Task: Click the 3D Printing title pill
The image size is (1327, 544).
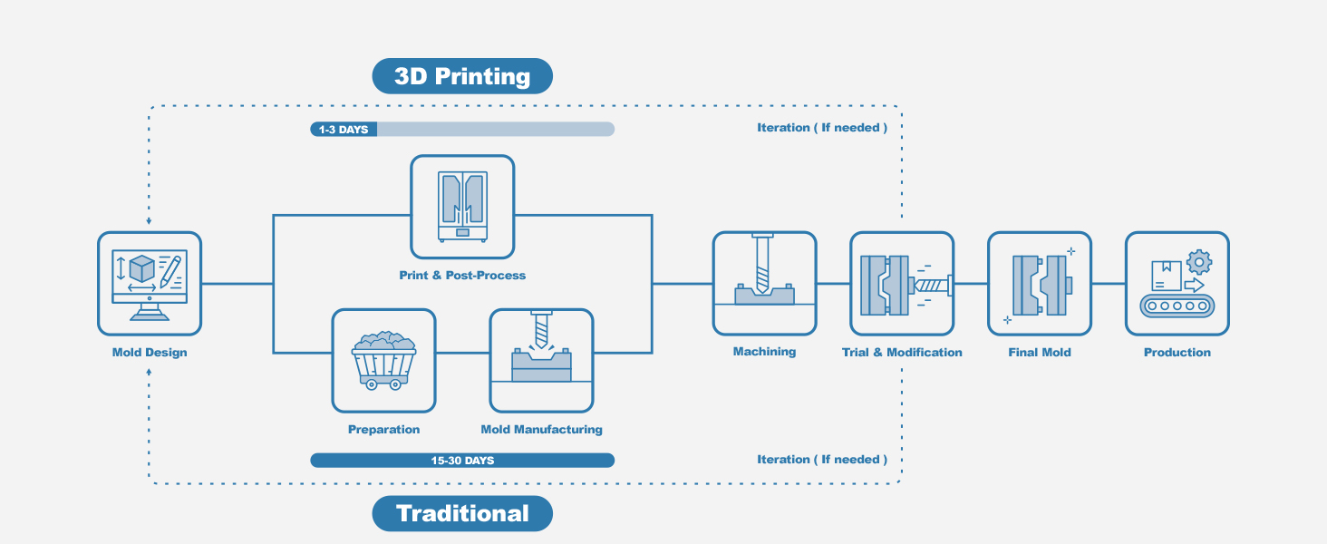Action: tap(462, 76)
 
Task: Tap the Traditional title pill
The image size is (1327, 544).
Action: tap(462, 513)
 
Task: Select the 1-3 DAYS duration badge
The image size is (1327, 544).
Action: tap(344, 130)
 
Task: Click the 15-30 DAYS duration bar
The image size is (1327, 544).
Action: tap(462, 461)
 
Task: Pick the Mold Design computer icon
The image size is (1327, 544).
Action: tap(150, 283)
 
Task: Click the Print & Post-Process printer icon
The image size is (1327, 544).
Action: tap(462, 206)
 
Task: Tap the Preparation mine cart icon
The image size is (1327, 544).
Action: tap(383, 360)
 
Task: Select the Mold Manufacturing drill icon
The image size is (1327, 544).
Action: tap(541, 360)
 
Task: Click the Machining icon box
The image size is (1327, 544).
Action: tap(764, 283)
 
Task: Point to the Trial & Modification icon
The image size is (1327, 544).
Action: tap(902, 283)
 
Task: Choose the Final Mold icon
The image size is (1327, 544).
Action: tap(1040, 283)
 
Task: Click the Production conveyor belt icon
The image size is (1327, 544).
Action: tap(1177, 283)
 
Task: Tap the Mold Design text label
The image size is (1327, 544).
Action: tap(150, 353)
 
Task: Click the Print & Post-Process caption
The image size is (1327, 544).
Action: tap(462, 275)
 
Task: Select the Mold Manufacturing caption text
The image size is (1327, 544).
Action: tap(541, 430)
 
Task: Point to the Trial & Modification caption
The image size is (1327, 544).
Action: tap(902, 353)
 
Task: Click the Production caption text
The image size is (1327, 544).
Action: tap(1177, 353)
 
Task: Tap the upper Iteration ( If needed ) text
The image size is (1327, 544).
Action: tap(822, 128)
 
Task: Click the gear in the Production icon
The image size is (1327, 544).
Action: tap(1199, 262)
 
